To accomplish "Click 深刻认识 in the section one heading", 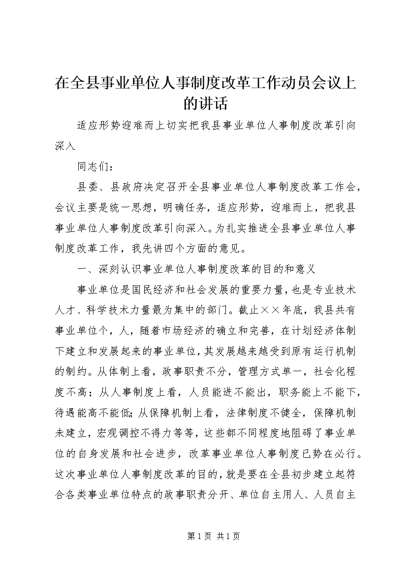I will point(116,269).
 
